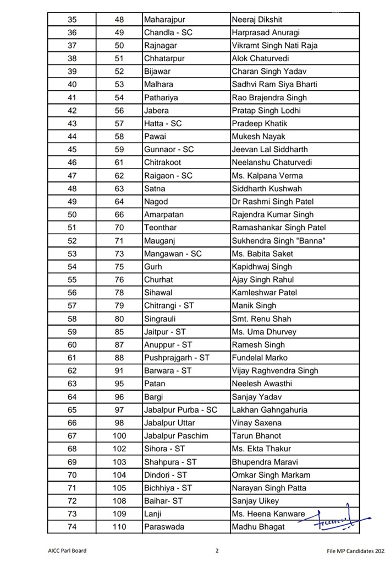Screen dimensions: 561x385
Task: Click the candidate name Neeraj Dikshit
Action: pos(256,19)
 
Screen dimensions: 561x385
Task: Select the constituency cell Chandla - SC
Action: pos(168,33)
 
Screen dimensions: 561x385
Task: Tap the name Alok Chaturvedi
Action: pos(261,58)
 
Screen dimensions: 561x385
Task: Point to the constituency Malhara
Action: pos(158,84)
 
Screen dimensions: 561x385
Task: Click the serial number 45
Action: pos(72,149)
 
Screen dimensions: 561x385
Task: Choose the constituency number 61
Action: pos(119,163)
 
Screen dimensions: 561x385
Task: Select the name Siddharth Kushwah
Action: pos(267,188)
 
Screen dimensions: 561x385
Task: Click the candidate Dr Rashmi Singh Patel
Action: pos(273,202)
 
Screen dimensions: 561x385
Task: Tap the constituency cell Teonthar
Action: pos(161,228)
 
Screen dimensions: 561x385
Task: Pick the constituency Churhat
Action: pos(158,279)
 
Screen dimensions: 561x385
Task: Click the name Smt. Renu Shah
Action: pos(262,319)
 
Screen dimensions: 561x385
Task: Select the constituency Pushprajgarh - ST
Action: pos(177,358)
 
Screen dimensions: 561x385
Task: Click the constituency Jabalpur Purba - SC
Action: pos(180,410)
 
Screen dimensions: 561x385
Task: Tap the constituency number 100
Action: pos(119,436)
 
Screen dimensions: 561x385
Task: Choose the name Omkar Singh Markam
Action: pos(271,475)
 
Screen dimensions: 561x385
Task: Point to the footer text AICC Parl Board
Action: pos(67,551)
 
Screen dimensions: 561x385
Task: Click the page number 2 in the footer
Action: pos(217,551)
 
